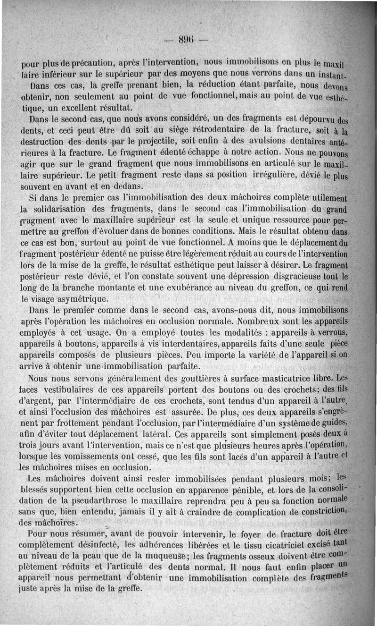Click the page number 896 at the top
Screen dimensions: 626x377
[x=188, y=40]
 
